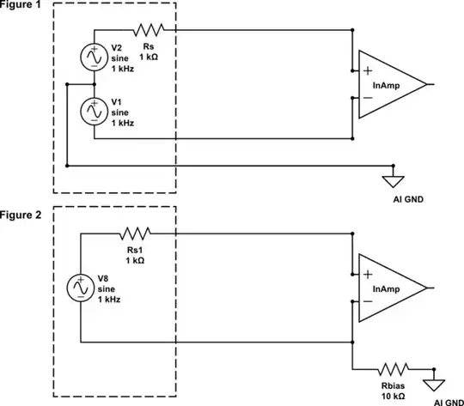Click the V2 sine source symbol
pyautogui.click(x=92, y=57)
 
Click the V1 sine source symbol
pyautogui.click(x=92, y=111)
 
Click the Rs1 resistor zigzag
pyautogui.click(x=135, y=233)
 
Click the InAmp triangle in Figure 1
pyautogui.click(x=390, y=85)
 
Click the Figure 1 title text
pyautogui.click(x=21, y=4)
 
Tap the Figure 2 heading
pyautogui.click(x=21, y=214)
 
